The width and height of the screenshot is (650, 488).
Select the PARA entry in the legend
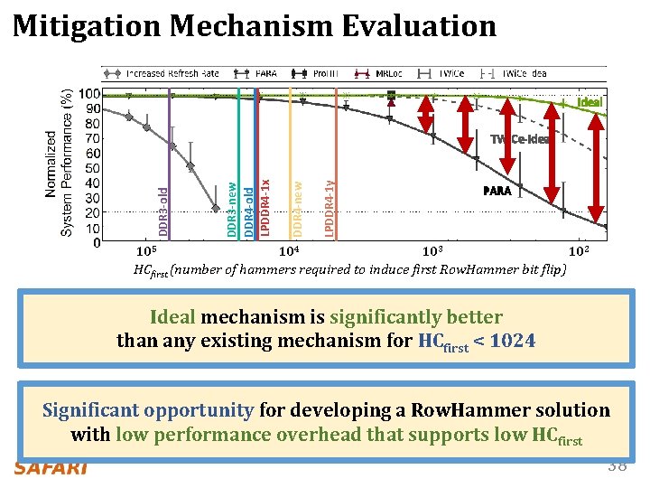[x=265, y=73]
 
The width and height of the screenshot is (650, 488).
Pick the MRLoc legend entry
[x=389, y=73]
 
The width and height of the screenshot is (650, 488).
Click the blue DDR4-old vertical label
[x=249, y=208]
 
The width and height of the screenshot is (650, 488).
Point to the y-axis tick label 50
[x=91, y=168]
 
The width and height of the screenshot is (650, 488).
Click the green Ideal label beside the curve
[x=590, y=102]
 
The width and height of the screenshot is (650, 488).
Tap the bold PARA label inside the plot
[x=497, y=191]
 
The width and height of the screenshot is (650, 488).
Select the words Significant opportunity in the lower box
[x=149, y=410]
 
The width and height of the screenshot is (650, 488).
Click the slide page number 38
[x=617, y=466]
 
